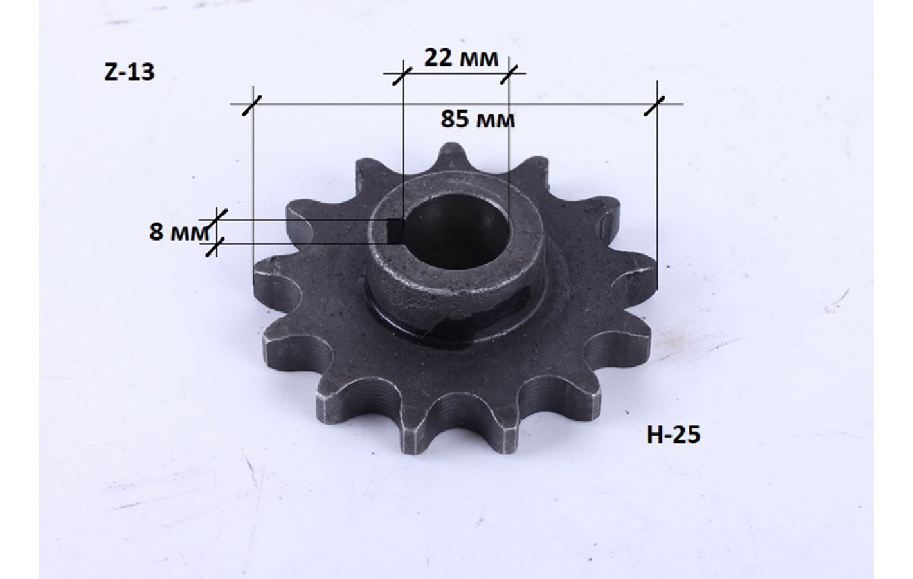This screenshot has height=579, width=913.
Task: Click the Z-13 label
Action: [x=130, y=73]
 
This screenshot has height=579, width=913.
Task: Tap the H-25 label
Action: [x=673, y=434]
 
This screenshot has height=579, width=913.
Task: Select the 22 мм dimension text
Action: [x=461, y=58]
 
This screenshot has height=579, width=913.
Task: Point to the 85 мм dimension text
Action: [x=478, y=120]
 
